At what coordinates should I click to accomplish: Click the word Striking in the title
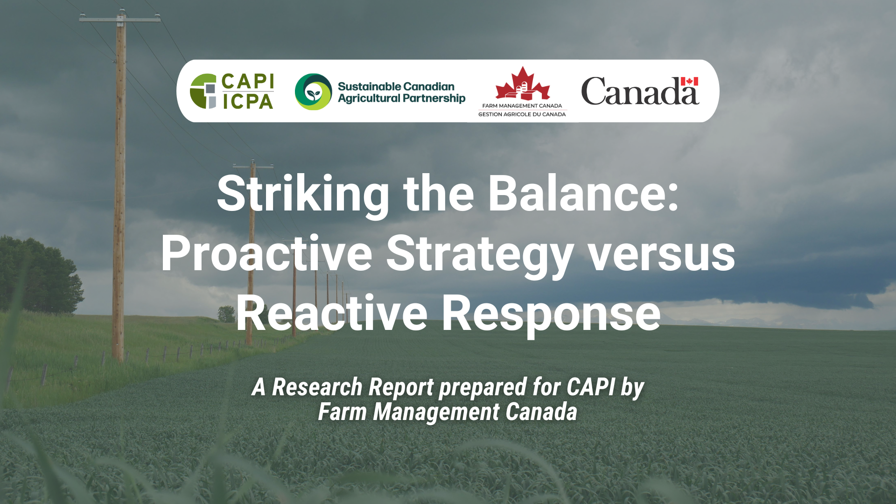(x=303, y=195)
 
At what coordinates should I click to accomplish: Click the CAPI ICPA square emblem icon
(x=203, y=91)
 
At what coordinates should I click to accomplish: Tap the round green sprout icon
(x=313, y=91)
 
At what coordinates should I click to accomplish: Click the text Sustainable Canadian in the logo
(x=396, y=86)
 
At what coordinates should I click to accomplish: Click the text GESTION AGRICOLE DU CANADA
(x=522, y=114)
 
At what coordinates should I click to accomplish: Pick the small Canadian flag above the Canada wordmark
(x=689, y=81)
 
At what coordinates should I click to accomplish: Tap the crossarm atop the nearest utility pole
(x=120, y=19)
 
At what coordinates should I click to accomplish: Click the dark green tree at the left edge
(x=37, y=275)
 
